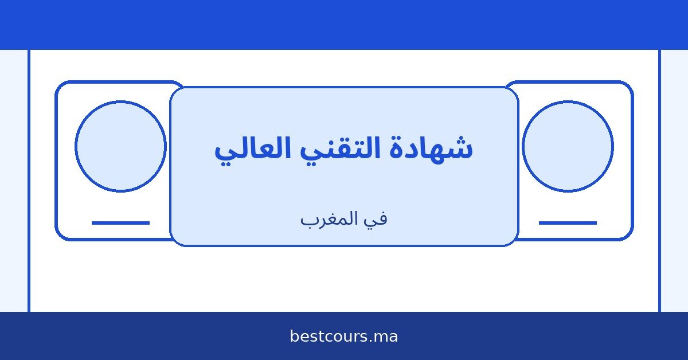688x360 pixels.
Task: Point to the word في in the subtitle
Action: click(x=376, y=218)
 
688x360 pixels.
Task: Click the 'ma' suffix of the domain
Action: click(x=386, y=336)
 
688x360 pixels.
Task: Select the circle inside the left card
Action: click(x=120, y=146)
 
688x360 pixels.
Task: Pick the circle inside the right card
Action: click(x=568, y=146)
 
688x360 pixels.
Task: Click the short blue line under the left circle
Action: click(x=120, y=222)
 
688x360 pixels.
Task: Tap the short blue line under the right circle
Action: click(x=568, y=222)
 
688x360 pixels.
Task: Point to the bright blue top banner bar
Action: click(x=344, y=24)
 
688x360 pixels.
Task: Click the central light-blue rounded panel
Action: click(x=344, y=183)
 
